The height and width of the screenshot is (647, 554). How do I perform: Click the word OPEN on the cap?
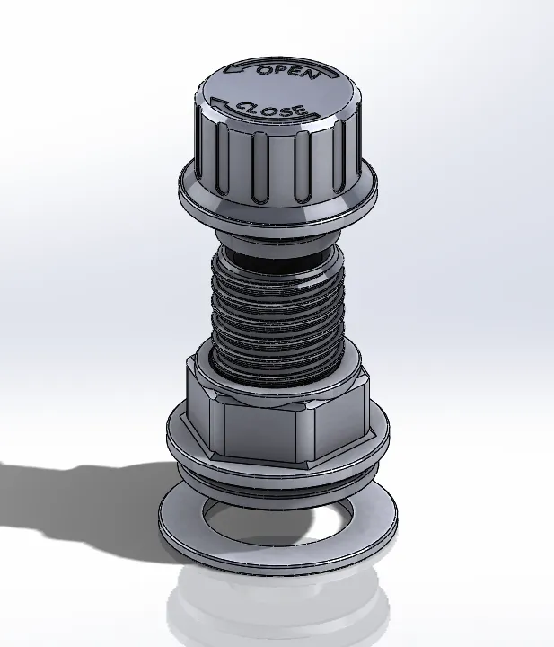287,71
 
